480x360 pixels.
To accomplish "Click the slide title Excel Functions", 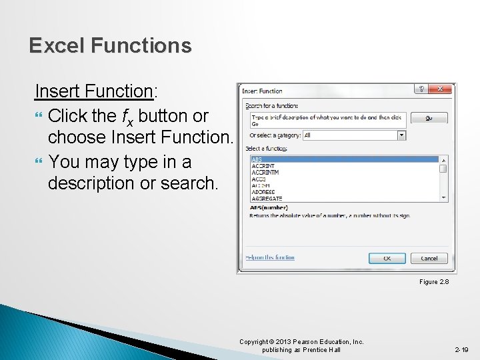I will [110, 46].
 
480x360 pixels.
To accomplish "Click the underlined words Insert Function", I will [93, 91].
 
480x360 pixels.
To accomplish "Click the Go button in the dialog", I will [428, 118].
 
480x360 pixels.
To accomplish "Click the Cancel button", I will [429, 258].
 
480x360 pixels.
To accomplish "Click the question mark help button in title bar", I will [421, 90].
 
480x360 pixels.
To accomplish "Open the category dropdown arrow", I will [401, 135].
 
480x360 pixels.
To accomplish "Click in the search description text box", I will [327, 119].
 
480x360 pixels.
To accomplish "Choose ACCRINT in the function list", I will [264, 166].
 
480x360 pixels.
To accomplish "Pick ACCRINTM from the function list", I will [266, 173].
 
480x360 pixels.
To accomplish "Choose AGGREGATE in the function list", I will [267, 199].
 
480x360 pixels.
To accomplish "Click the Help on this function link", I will [269, 257].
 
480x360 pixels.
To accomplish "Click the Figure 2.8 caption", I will [433, 282].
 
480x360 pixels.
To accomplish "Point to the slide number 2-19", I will [461, 349].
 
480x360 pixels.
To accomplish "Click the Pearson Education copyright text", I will [301, 345].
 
